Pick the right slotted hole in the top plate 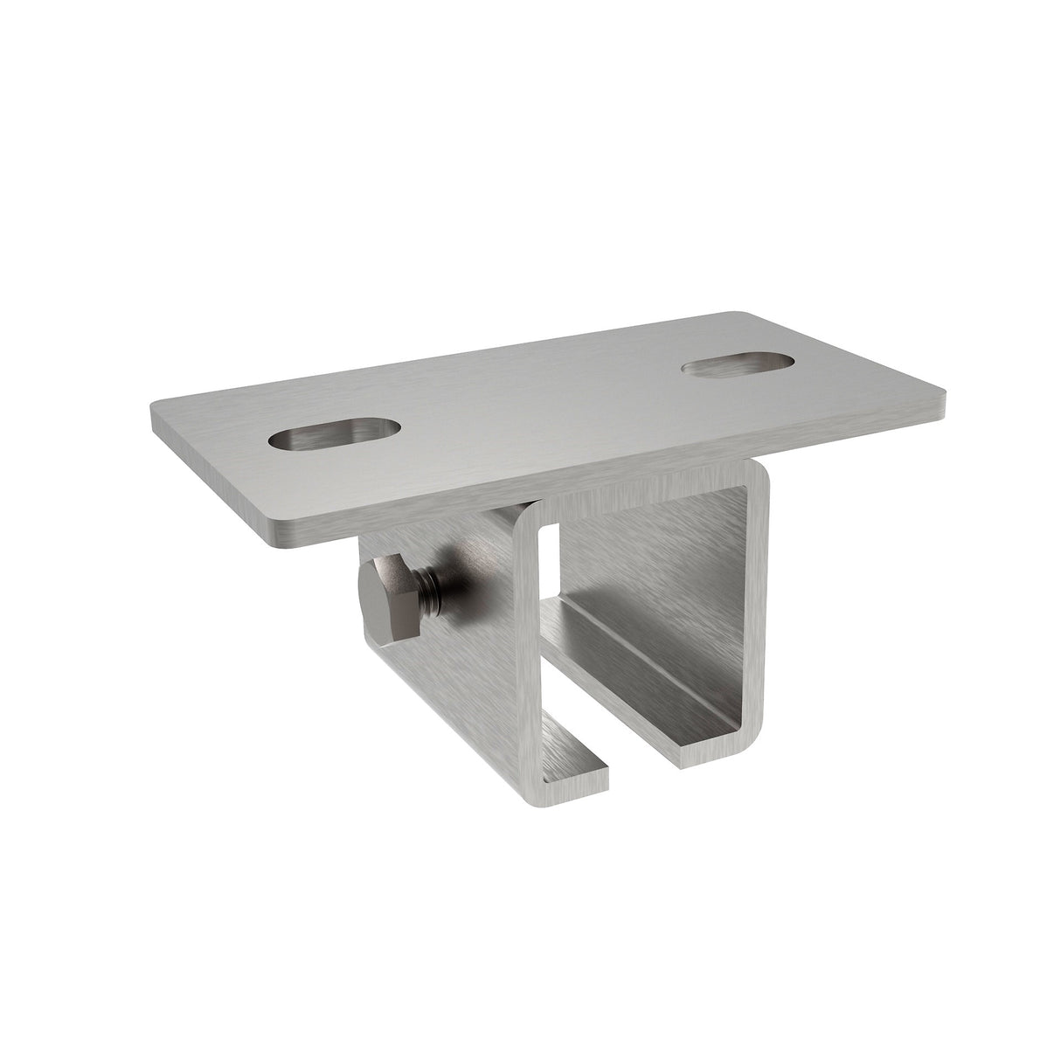click(x=738, y=362)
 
